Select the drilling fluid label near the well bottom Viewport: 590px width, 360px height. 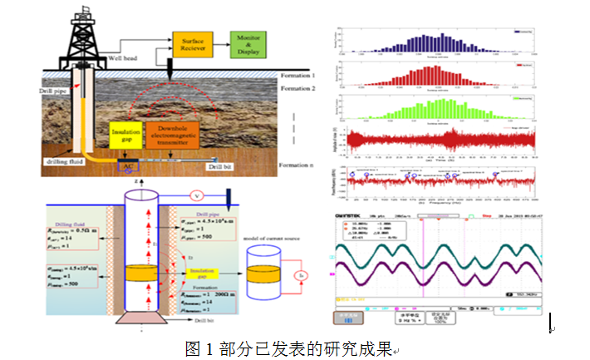[x=63, y=157]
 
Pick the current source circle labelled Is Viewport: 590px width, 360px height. [x=302, y=274]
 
